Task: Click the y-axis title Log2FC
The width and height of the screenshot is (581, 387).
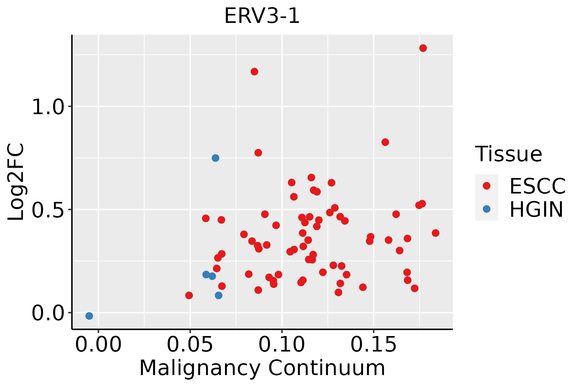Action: click(x=16, y=182)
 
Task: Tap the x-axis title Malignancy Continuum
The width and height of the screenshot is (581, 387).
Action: click(x=262, y=368)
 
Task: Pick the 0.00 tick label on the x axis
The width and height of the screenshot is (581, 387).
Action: click(x=98, y=345)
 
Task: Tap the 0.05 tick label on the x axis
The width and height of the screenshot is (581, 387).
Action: click(x=190, y=345)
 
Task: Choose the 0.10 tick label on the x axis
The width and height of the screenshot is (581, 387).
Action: click(x=282, y=345)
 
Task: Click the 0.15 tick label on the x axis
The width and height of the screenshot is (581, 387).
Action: click(x=373, y=345)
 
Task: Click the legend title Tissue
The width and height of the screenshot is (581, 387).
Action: click(x=509, y=154)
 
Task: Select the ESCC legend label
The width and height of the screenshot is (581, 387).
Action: click(x=537, y=186)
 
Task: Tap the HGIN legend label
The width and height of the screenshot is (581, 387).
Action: click(x=536, y=209)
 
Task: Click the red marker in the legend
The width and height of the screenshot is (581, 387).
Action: click(x=486, y=186)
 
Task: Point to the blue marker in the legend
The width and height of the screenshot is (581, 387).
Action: click(x=486, y=209)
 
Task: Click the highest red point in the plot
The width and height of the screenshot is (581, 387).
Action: click(x=423, y=48)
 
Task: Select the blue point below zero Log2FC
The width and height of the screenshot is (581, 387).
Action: click(x=89, y=316)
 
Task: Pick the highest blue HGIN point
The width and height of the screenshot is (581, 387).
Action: click(x=215, y=158)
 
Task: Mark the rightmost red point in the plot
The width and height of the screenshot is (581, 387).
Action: click(x=435, y=233)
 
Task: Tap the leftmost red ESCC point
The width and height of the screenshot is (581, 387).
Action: click(x=189, y=295)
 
